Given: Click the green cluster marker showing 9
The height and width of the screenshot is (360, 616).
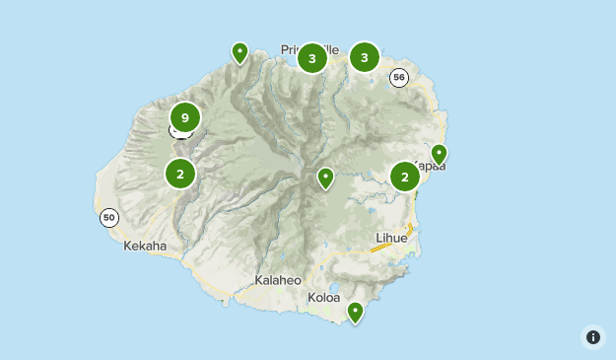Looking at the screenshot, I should tap(184, 117).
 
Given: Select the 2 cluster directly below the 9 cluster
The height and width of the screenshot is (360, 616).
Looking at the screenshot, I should tap(180, 174).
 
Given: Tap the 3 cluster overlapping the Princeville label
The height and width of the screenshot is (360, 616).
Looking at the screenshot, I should tap(312, 58).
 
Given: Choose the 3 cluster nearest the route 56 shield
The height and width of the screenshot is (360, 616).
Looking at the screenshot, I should tap(365, 57).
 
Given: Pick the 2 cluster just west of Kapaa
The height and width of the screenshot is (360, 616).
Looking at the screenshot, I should tap(405, 177).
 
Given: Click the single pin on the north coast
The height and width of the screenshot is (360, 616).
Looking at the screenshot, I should tap(240, 52).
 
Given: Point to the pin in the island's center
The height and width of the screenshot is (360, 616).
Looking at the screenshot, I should tap(325, 179).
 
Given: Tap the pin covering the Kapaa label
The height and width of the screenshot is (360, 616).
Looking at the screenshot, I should tap(440, 154).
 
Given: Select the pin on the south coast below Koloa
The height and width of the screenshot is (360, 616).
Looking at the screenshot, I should tap(355, 313).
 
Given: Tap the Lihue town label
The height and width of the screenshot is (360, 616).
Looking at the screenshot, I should tap(391, 238).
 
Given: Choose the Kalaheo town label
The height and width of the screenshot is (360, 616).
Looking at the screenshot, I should tap(278, 280).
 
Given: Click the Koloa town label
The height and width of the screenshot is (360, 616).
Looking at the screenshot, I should tap(323, 297).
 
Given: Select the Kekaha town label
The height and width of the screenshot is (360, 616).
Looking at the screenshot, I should tap(145, 247).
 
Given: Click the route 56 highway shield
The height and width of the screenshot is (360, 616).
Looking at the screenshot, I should tap(398, 78).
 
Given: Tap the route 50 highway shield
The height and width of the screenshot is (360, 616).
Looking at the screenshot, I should tap(109, 218).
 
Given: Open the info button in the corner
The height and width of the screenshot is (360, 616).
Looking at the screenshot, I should tap(593, 337).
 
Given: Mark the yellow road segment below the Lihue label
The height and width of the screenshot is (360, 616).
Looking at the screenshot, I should tap(381, 248).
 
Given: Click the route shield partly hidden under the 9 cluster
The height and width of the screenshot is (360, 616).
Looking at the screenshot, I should tap(179, 132).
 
